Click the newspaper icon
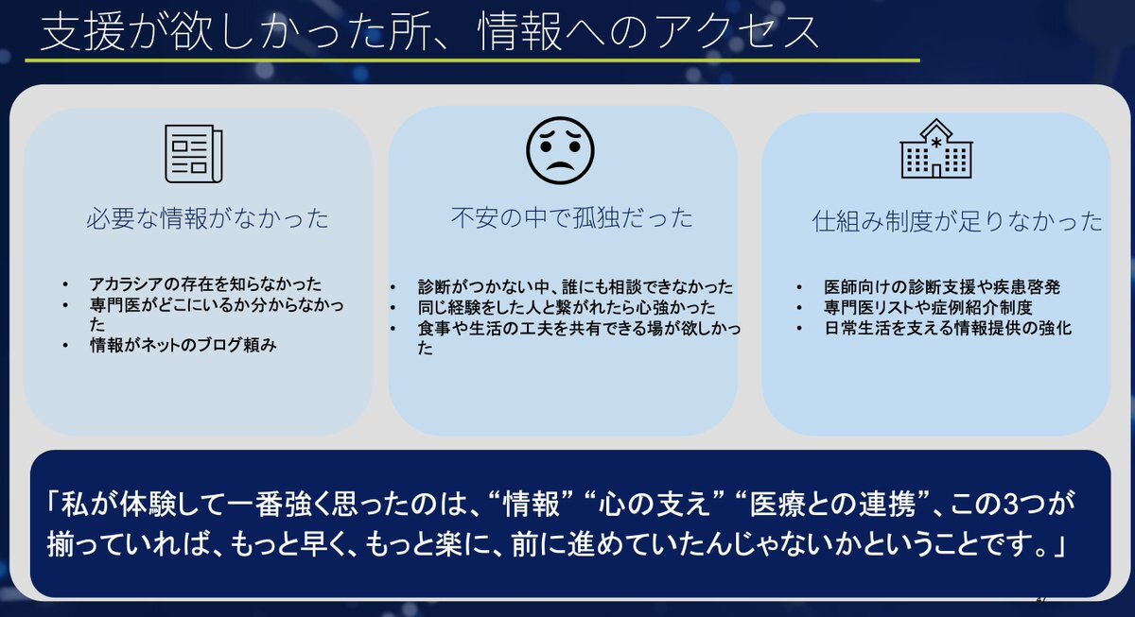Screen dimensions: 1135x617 (194, 153)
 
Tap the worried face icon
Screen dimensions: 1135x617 (560, 150)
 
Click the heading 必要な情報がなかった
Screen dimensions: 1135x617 (208, 218)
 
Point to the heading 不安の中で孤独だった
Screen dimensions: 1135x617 (572, 217)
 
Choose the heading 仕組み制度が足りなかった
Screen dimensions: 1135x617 (957, 221)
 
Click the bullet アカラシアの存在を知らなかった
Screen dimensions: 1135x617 (206, 284)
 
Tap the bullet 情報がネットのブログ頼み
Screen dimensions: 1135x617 (183, 345)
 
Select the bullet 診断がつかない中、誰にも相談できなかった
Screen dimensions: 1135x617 (576, 287)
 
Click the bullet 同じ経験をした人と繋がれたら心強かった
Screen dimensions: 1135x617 (567, 307)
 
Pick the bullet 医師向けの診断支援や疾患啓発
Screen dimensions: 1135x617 (942, 287)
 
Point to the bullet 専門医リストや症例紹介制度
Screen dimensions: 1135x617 (928, 307)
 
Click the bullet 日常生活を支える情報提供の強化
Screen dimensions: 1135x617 (948, 328)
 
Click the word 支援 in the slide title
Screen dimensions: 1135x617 (82, 32)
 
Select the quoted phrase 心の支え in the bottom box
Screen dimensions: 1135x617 (655, 505)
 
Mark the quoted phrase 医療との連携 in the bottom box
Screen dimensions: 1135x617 (832, 505)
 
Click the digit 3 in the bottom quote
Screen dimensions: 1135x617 (1011, 505)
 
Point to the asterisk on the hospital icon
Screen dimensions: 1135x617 (936, 143)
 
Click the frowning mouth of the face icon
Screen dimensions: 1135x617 (560, 165)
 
